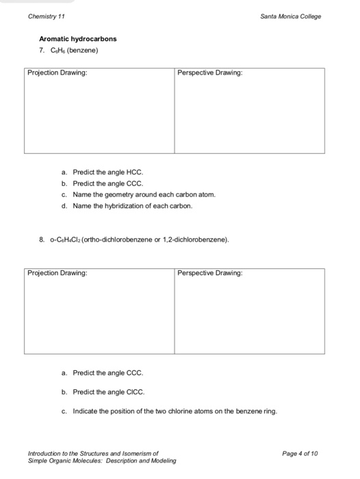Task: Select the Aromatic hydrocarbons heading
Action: [x=77, y=39]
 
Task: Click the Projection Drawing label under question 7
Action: [x=57, y=73]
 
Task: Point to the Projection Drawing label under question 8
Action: [x=57, y=273]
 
